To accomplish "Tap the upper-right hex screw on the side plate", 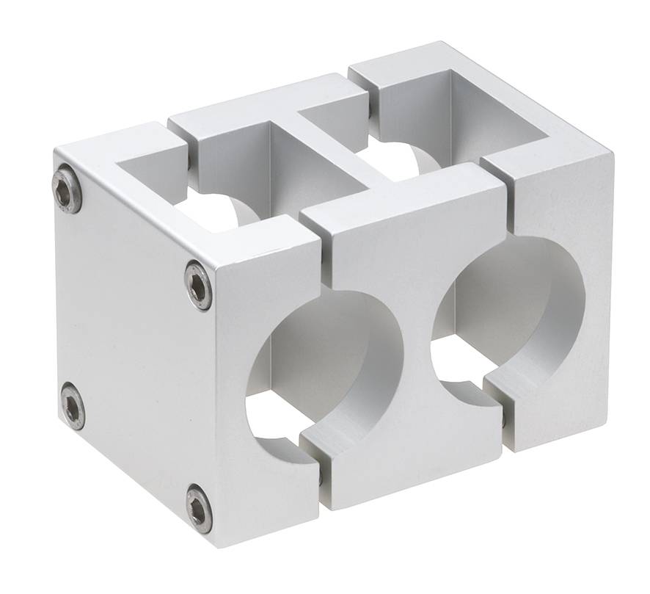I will (197, 285).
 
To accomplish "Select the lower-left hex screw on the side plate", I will (73, 405).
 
